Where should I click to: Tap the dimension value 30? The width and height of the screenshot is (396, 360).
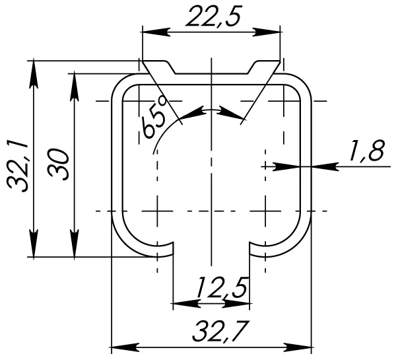point(59,164)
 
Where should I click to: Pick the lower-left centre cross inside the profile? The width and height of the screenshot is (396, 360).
point(157,211)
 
